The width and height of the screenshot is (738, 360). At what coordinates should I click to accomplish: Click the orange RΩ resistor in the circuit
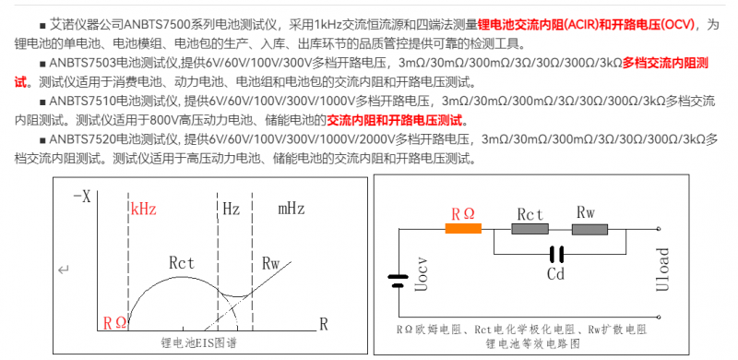tap(463, 229)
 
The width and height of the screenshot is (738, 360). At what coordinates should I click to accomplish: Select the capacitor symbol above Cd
tap(556, 255)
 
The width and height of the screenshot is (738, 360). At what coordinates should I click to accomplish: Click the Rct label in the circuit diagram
tap(530, 214)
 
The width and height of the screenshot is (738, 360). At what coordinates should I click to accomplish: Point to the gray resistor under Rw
tap(589, 229)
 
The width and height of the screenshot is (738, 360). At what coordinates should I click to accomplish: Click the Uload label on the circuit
tap(662, 269)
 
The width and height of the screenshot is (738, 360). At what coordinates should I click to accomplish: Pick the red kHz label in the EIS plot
tap(144, 209)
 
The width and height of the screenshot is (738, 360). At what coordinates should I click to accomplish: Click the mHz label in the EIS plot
tap(292, 209)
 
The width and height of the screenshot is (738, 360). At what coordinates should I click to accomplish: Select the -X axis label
tap(82, 197)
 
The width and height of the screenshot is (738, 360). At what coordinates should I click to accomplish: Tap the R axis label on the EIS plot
tap(324, 324)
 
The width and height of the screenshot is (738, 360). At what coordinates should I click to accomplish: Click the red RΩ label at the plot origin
tap(114, 323)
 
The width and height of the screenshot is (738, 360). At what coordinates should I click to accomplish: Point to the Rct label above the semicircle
tap(181, 263)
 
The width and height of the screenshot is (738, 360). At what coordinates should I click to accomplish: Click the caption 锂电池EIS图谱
tap(198, 342)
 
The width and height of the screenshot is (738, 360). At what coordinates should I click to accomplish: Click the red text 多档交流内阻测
tap(665, 63)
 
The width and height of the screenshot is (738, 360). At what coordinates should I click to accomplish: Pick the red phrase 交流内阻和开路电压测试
tap(395, 121)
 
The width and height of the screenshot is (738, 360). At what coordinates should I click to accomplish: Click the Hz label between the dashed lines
tap(232, 209)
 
